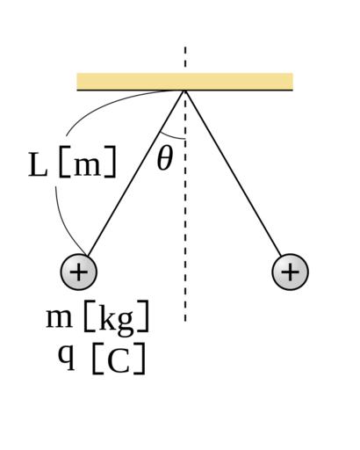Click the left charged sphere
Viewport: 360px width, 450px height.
coord(78,272)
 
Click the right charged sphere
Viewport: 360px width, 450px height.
coord(290,272)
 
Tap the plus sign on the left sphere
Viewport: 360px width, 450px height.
coord(78,272)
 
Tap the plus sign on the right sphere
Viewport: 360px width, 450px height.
coord(290,272)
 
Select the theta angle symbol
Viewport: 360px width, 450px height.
coord(165,158)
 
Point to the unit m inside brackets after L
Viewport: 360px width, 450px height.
coord(87,167)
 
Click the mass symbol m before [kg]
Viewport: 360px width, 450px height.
coord(59,318)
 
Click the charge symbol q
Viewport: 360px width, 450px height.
coord(67,357)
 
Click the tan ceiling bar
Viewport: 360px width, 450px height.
coord(184,82)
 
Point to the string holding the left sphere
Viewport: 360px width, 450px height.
coord(136,173)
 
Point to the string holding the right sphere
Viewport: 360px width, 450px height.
coord(233,173)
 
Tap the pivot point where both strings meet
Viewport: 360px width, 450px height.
coord(184,91)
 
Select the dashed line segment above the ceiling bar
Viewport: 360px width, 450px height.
coord(185,60)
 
